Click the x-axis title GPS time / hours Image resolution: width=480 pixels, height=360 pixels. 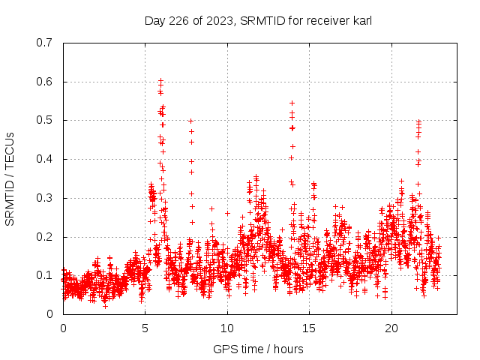coord(258,349)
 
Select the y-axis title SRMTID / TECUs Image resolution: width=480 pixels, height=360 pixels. coord(10,178)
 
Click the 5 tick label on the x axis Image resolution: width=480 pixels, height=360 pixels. coord(145,328)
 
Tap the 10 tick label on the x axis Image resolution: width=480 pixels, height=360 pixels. coord(227,328)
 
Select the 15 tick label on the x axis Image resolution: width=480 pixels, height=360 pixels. coord(310,328)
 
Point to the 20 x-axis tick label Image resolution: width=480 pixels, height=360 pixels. coord(391,328)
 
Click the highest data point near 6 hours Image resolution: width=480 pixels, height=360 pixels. coord(160,80)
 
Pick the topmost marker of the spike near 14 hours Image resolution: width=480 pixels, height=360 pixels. coord(292,103)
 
